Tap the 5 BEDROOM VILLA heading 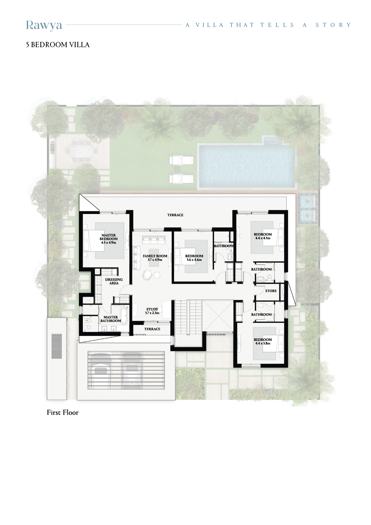coord(58,45)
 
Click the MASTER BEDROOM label coord(108,239)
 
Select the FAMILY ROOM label coord(155,258)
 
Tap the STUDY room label coord(152,311)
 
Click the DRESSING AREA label coord(114,281)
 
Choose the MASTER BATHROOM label coord(111,319)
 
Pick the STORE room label coord(271,291)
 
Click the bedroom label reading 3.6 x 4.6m coord(194,258)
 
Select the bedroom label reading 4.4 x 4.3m coord(263,236)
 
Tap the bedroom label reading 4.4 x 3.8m coord(263,342)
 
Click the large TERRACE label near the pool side coord(175,215)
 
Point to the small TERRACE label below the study coord(152,329)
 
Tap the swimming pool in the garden coord(246,166)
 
